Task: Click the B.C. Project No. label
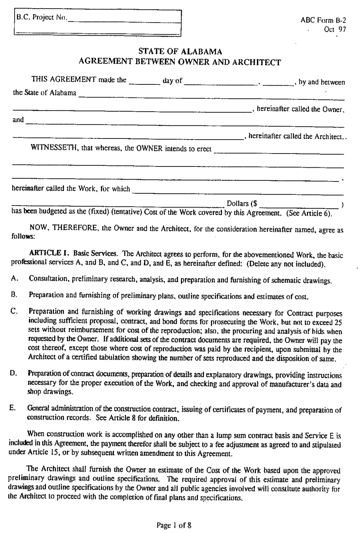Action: (41, 17)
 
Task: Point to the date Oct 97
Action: (335, 29)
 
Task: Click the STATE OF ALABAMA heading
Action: (180, 51)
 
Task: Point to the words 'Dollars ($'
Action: (242, 204)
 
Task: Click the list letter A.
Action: (13, 279)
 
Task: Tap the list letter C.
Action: (13, 311)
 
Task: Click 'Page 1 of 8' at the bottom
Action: (174, 525)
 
